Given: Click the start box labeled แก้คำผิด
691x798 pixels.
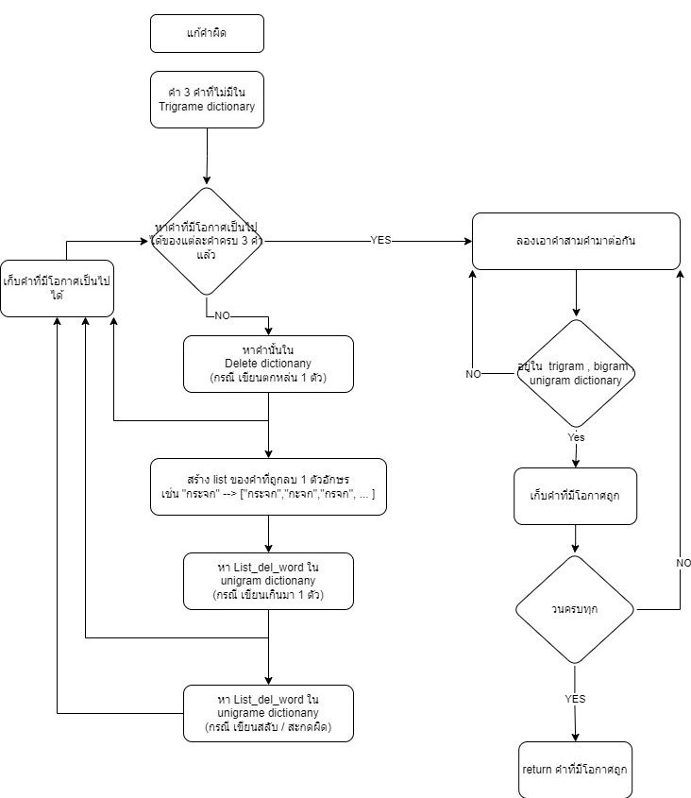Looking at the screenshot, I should (x=207, y=33).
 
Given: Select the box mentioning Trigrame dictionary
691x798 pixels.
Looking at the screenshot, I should (x=207, y=100).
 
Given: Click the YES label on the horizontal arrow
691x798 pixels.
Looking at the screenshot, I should (x=381, y=241).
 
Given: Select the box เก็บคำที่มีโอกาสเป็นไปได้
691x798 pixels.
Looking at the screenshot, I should (x=58, y=288).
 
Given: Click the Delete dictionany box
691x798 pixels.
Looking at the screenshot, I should (x=269, y=364).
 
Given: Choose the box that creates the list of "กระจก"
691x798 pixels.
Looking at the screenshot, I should (x=269, y=486).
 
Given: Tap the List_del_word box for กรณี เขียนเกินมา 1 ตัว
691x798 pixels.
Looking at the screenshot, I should (x=269, y=581).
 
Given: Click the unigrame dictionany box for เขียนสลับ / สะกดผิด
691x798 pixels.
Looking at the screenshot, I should (x=269, y=713).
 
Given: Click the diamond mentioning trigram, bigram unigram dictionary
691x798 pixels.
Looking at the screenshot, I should (x=576, y=374).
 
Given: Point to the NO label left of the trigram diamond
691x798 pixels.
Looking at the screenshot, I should (x=474, y=374).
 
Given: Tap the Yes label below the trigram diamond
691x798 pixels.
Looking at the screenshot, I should (x=576, y=438).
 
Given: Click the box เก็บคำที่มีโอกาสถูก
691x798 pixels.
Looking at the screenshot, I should (x=576, y=496).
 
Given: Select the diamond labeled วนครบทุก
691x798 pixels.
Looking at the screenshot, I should (x=576, y=610).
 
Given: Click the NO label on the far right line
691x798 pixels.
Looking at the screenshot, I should (x=683, y=563).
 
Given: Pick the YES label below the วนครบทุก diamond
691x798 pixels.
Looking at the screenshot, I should (x=576, y=699).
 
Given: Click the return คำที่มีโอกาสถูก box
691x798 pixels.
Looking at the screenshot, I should (x=576, y=770).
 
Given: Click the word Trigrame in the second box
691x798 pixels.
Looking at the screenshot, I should (x=183, y=108).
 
